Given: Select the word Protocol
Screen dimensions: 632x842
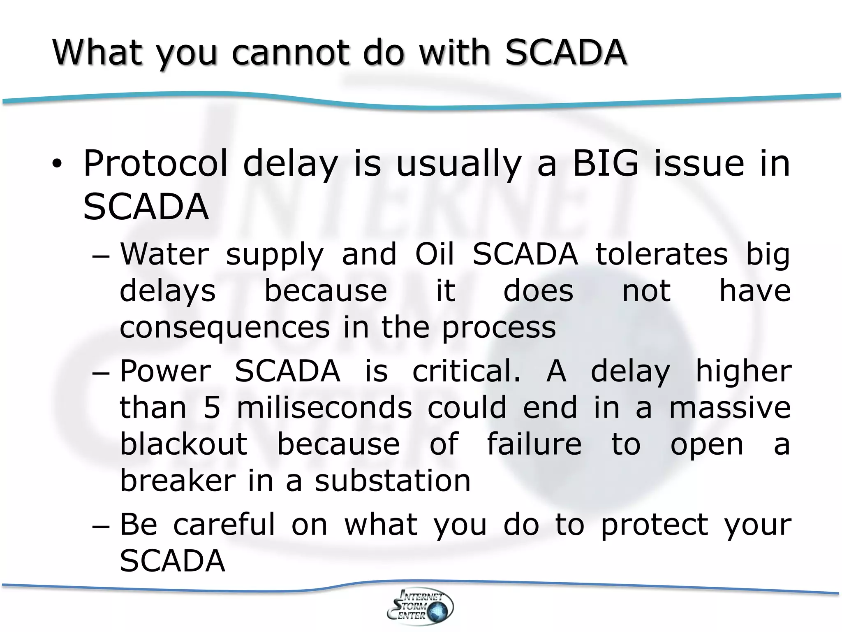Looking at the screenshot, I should [155, 164].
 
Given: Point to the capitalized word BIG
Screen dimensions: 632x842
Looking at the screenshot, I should [606, 164].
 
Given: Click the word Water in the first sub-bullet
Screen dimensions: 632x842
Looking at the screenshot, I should [164, 254].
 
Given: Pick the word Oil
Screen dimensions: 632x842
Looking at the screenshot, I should [434, 254].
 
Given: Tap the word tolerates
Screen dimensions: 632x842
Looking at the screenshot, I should [662, 254].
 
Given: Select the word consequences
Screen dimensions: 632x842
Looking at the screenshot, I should [224, 328].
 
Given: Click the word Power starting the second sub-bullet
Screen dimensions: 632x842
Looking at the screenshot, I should [165, 371].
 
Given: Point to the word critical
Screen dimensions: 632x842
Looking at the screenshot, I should [466, 371].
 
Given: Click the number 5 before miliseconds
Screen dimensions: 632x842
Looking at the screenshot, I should [212, 408].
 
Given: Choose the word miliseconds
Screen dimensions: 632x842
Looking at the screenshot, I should [324, 408].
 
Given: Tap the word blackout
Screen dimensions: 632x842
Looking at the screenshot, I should [184, 444].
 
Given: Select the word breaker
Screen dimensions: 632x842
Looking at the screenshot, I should [178, 481].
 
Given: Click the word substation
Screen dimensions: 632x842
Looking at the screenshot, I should [393, 481].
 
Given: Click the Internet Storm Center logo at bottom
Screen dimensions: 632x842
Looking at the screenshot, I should [420, 606].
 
